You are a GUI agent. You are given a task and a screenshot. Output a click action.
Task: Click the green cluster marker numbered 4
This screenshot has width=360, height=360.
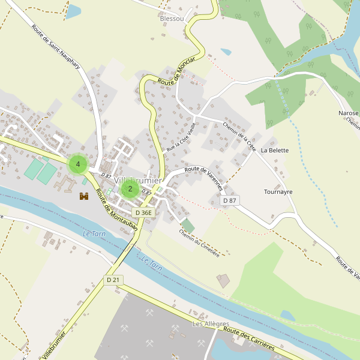(78, 164)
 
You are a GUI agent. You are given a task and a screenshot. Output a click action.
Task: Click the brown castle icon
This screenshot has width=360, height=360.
(84, 196)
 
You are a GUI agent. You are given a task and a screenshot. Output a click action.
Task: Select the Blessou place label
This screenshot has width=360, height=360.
(172, 19)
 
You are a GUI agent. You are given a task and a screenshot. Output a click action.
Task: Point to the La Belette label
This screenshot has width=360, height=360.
(275, 151)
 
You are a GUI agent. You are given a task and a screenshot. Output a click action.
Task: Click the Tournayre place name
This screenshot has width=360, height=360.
(278, 192)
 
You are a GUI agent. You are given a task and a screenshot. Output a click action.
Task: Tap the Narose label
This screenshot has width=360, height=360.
(349, 113)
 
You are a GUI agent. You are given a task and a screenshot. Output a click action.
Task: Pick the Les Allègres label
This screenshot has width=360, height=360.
(211, 324)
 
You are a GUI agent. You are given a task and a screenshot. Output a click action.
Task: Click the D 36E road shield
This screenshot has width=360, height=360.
(144, 212)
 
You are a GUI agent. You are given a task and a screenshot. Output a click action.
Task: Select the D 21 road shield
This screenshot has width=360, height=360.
(113, 280)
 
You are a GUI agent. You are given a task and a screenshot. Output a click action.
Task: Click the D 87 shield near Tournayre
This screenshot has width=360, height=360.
(229, 200)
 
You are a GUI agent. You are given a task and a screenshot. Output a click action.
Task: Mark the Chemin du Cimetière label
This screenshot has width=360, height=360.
(199, 242)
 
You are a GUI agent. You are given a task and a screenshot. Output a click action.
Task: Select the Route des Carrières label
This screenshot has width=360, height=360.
(249, 338)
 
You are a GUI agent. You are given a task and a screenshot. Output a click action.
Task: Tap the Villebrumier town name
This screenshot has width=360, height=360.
(138, 180)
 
